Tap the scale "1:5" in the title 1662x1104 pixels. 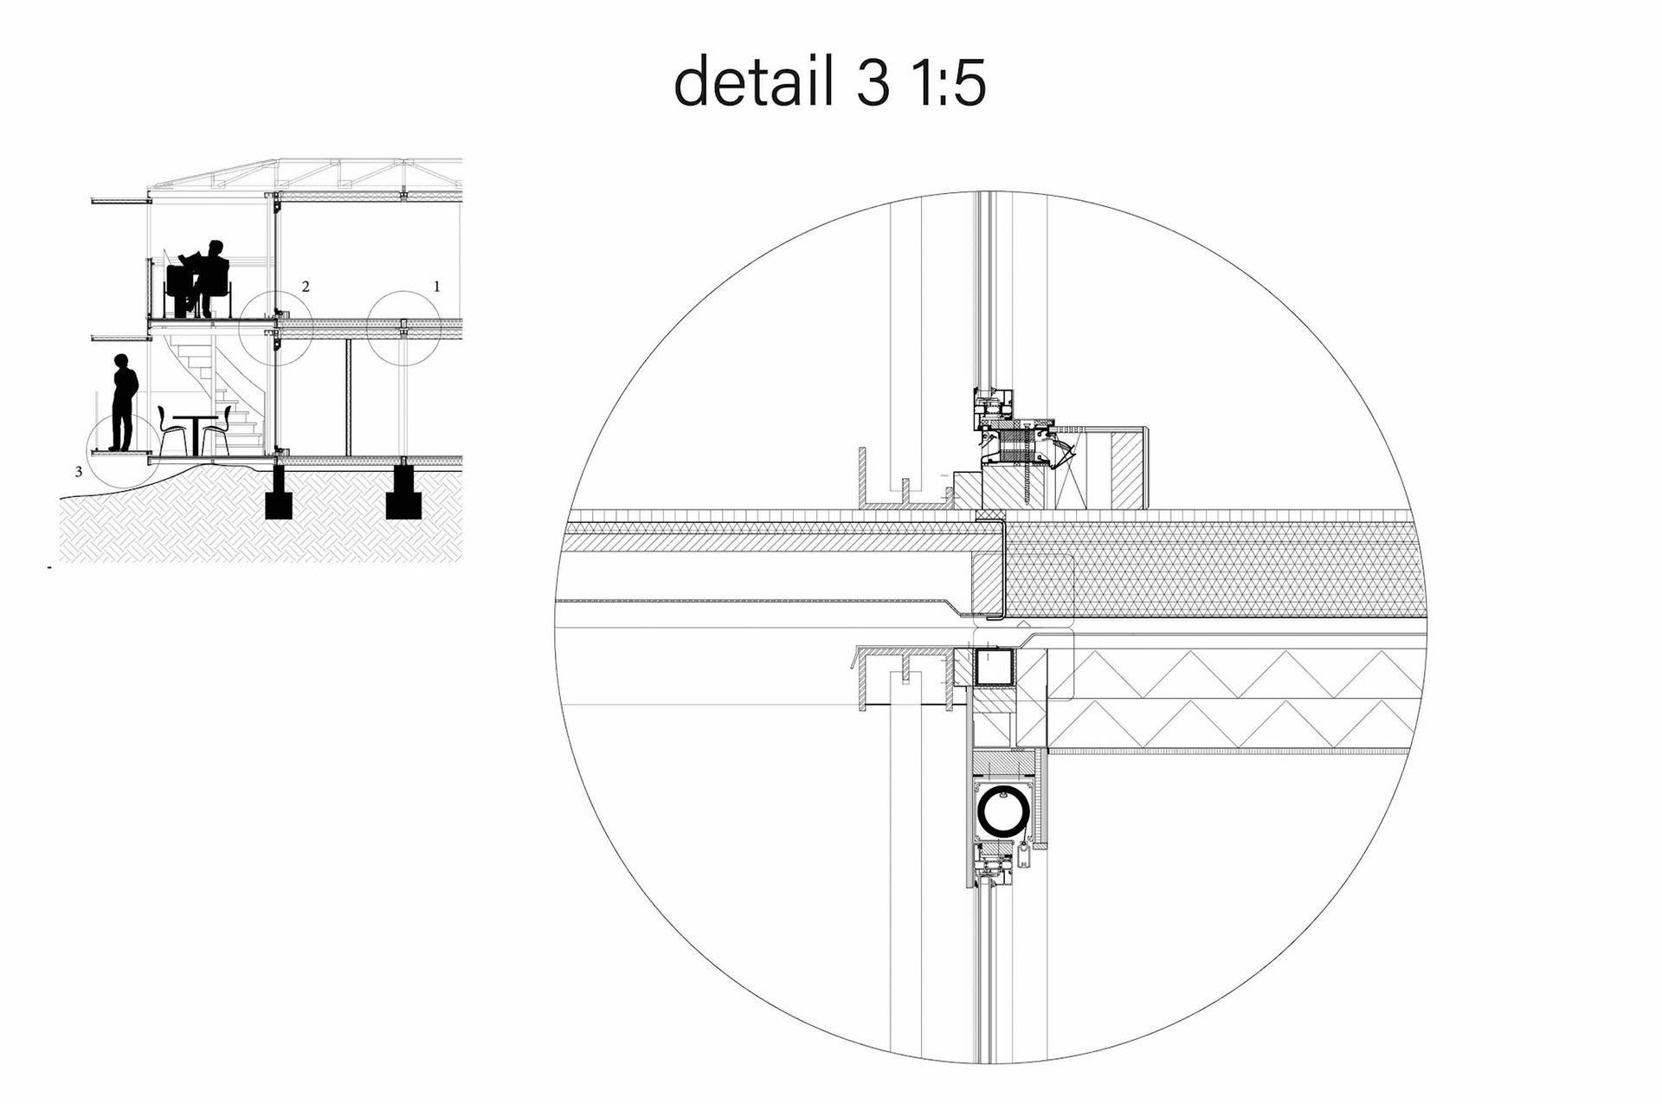coord(948,83)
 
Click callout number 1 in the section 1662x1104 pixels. coord(437,287)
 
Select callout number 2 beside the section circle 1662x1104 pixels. coord(306,287)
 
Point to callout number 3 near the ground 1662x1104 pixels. coord(79,472)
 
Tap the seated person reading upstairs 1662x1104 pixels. coord(205,277)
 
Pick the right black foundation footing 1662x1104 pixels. coord(403,492)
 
